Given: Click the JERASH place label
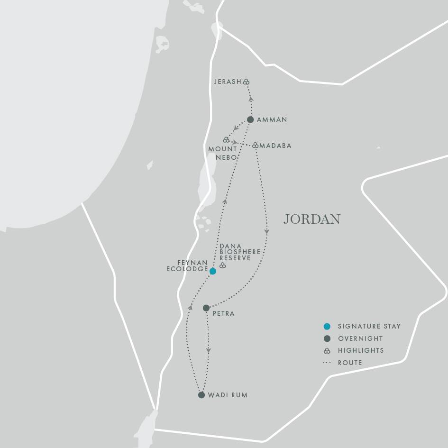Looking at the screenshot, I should click(x=228, y=82).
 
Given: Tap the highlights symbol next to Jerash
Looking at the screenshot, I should click(x=247, y=82).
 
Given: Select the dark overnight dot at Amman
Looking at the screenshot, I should click(x=250, y=119).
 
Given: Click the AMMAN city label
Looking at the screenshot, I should click(x=272, y=120).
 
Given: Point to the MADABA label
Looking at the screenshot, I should click(x=275, y=146).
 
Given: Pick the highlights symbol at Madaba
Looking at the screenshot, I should click(x=255, y=145).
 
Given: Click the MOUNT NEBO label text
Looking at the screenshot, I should click(x=223, y=153).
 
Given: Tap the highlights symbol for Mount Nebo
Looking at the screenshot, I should click(x=226, y=140).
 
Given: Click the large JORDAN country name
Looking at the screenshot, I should click(x=311, y=219).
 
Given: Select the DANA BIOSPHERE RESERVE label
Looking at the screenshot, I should click(x=240, y=252).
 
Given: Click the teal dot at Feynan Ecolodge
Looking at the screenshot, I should click(x=213, y=271).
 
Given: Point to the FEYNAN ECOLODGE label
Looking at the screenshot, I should click(x=187, y=265).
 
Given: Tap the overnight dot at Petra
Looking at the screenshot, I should click(x=206, y=308).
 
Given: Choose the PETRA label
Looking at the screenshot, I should click(x=224, y=314).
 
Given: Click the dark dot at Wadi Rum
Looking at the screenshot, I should click(x=201, y=395).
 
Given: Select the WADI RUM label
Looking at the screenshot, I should click(x=228, y=395).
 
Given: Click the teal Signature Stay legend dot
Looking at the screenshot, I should click(x=327, y=326).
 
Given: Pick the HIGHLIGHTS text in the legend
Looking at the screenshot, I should click(x=361, y=351).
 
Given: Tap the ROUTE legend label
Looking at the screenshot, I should click(x=350, y=363).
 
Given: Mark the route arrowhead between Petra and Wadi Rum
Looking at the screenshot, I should click(x=209, y=351).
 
